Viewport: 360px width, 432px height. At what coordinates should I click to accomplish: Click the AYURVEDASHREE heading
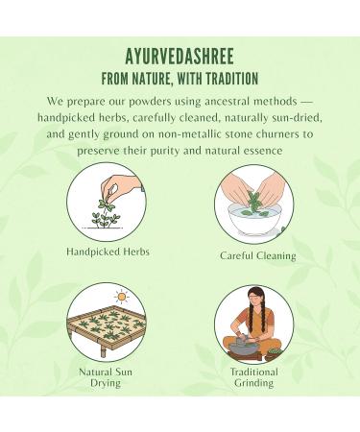180,56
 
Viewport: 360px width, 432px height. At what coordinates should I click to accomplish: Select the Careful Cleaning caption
257,255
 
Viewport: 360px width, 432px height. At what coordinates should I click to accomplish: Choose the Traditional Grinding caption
253,377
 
